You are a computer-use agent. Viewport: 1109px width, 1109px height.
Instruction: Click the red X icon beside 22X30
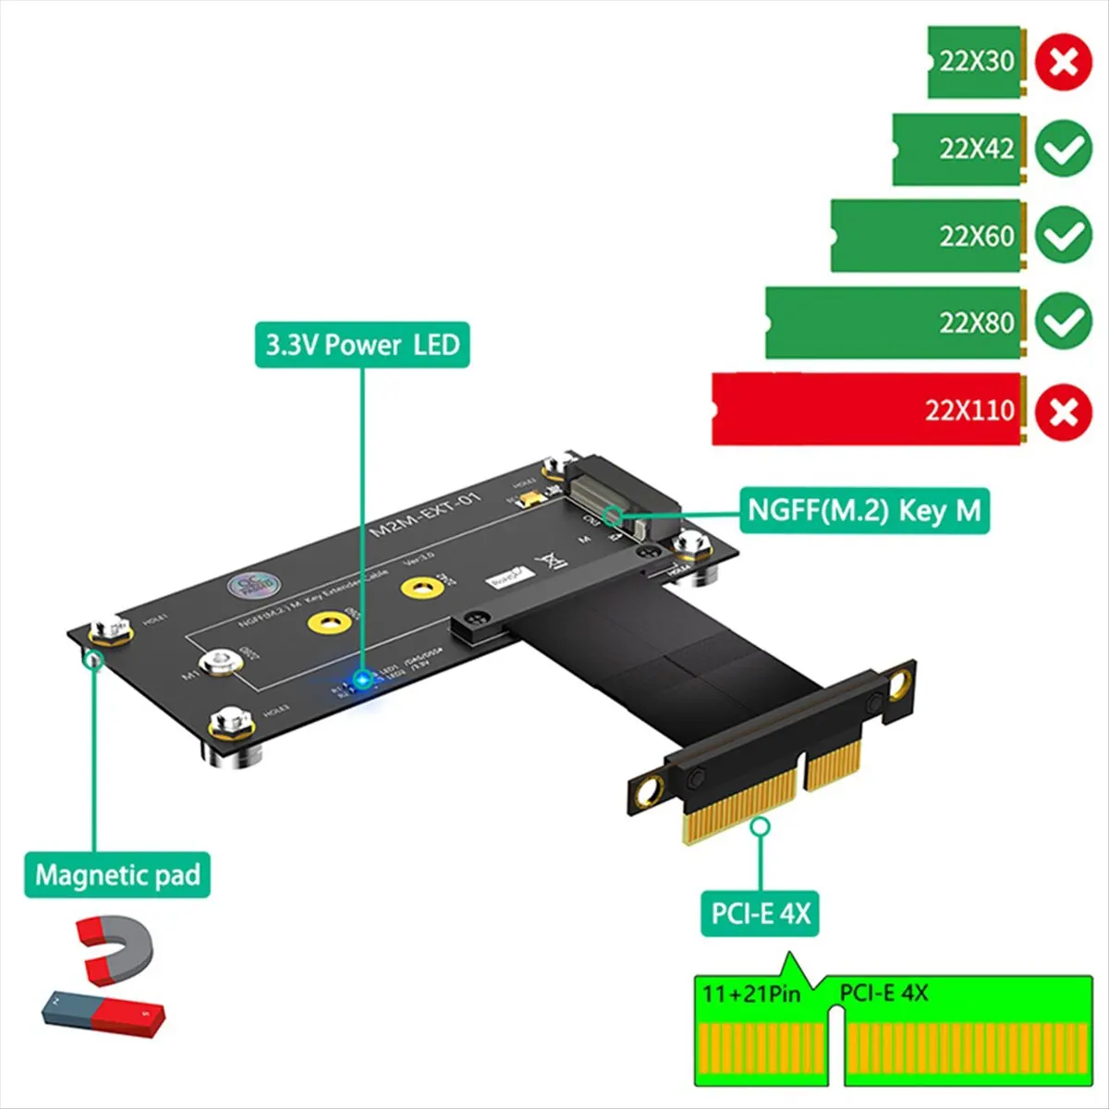pos(1063,63)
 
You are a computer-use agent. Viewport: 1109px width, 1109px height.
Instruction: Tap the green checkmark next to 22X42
pos(1063,149)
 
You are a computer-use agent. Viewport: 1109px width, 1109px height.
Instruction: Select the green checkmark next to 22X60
pos(1063,236)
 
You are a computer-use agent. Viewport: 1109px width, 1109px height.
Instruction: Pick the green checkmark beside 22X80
pos(1063,322)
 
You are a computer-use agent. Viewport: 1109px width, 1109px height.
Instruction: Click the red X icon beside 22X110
pos(1063,411)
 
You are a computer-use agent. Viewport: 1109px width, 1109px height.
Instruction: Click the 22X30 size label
pos(976,62)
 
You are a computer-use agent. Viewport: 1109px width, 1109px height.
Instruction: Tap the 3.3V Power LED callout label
pos(362,345)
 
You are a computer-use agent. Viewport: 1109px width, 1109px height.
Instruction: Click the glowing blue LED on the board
pos(361,679)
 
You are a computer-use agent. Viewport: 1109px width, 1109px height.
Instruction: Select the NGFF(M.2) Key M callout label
pos(864,510)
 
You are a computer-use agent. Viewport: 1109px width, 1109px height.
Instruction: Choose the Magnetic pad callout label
pos(117,874)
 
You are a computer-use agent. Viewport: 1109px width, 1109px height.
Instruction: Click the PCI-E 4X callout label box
pos(760,914)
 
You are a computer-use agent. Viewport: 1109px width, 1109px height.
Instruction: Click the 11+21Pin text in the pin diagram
pos(750,994)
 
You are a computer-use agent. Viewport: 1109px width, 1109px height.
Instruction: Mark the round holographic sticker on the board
pos(251,585)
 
